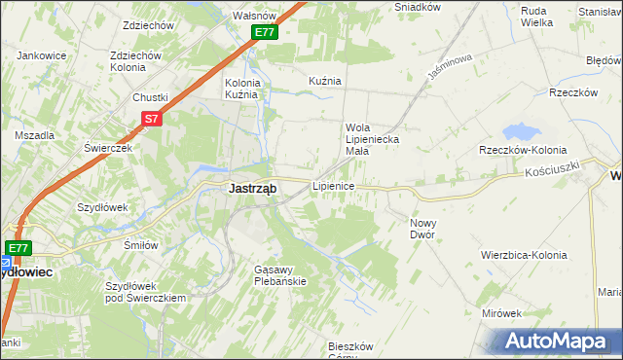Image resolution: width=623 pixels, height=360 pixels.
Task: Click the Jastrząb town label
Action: (x=251, y=189)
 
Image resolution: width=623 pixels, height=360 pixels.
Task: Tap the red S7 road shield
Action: (x=150, y=119)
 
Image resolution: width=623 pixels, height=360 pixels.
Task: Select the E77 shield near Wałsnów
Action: (x=265, y=32)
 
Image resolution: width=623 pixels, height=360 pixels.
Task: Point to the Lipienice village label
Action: (x=332, y=185)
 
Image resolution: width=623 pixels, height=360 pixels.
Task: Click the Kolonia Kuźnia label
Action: (x=241, y=89)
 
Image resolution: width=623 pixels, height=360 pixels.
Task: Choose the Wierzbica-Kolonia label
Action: (x=523, y=254)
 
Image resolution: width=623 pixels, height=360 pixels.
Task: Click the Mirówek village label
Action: (x=502, y=313)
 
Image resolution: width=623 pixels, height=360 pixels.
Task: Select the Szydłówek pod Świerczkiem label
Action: (x=146, y=292)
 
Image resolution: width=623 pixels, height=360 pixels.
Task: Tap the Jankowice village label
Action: (x=42, y=55)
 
